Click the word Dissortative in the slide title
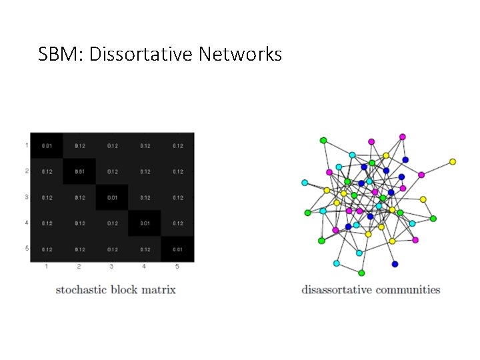[x=141, y=54]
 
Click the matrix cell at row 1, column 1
[x=47, y=145]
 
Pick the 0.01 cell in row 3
[x=112, y=197]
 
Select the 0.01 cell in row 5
[x=177, y=249]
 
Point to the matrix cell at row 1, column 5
[x=177, y=145]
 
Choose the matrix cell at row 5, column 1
[x=47, y=249]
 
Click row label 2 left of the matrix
[x=26, y=171]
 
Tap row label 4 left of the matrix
[x=26, y=223]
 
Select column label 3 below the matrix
[x=111, y=267]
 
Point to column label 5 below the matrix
[x=177, y=267]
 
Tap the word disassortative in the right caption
[x=335, y=290]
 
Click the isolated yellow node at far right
[x=453, y=161]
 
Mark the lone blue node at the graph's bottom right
[x=395, y=264]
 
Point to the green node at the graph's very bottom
[x=361, y=273]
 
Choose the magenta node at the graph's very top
[x=403, y=137]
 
